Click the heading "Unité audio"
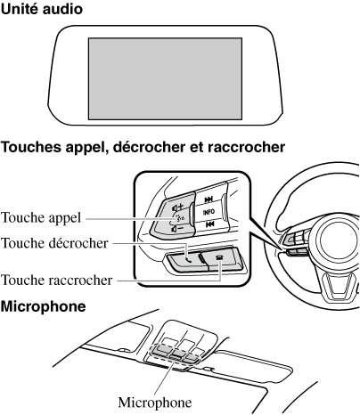point(42,9)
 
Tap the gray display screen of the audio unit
point(165,78)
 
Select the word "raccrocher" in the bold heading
point(246,147)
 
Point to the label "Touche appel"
point(41,218)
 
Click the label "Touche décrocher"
point(54,243)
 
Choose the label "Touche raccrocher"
point(57,280)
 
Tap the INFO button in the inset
point(209,212)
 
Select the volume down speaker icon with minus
point(177,229)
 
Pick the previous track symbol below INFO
point(209,224)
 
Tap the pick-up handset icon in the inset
point(188,260)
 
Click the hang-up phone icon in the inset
point(219,257)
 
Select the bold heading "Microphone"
point(43,306)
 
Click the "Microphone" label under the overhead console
point(155,403)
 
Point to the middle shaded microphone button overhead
point(176,354)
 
